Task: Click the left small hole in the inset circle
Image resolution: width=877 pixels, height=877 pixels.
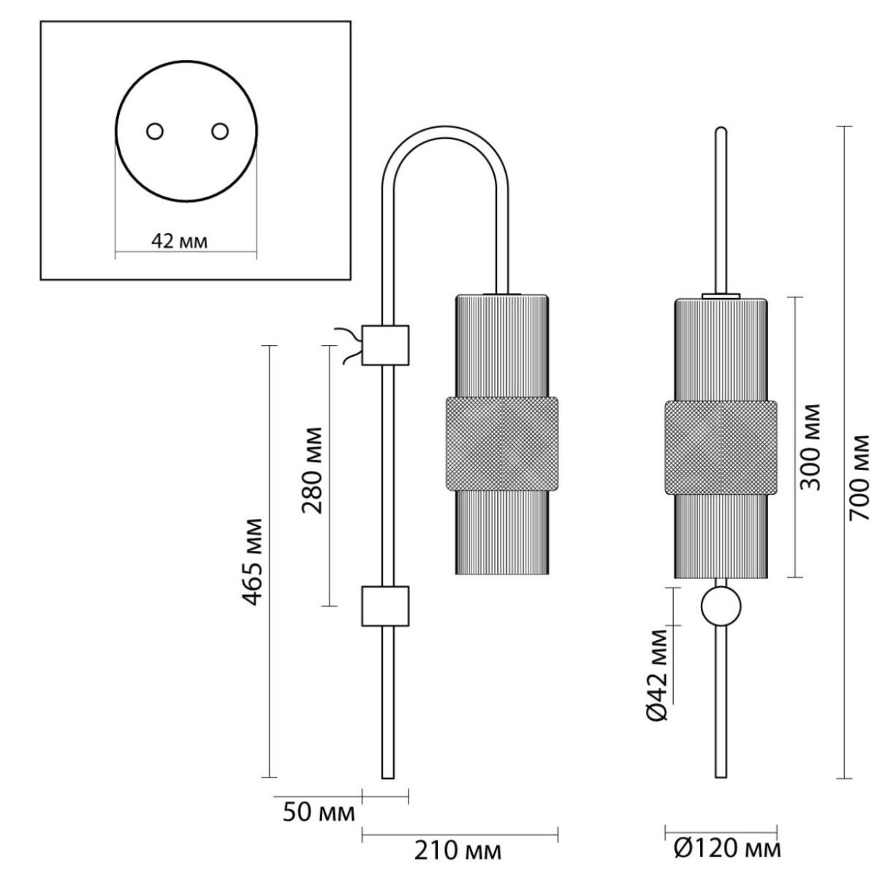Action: [155, 132]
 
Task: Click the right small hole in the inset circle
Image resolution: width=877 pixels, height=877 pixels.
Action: [220, 132]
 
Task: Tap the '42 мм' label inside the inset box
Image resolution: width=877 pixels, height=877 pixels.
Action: [179, 241]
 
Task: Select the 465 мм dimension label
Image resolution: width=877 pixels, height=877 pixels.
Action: [252, 561]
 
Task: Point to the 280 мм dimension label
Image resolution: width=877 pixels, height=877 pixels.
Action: [312, 470]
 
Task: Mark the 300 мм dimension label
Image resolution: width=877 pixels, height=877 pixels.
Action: [809, 447]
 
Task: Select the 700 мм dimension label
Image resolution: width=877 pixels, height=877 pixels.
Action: [859, 477]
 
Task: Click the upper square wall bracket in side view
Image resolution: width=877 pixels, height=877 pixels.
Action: [385, 345]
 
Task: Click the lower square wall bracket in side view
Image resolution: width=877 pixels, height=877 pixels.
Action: [385, 606]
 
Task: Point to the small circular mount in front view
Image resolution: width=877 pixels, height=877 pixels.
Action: [721, 606]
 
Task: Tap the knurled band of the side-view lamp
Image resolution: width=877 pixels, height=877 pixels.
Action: [501, 444]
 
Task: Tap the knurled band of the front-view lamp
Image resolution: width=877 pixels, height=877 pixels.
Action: [721, 447]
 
